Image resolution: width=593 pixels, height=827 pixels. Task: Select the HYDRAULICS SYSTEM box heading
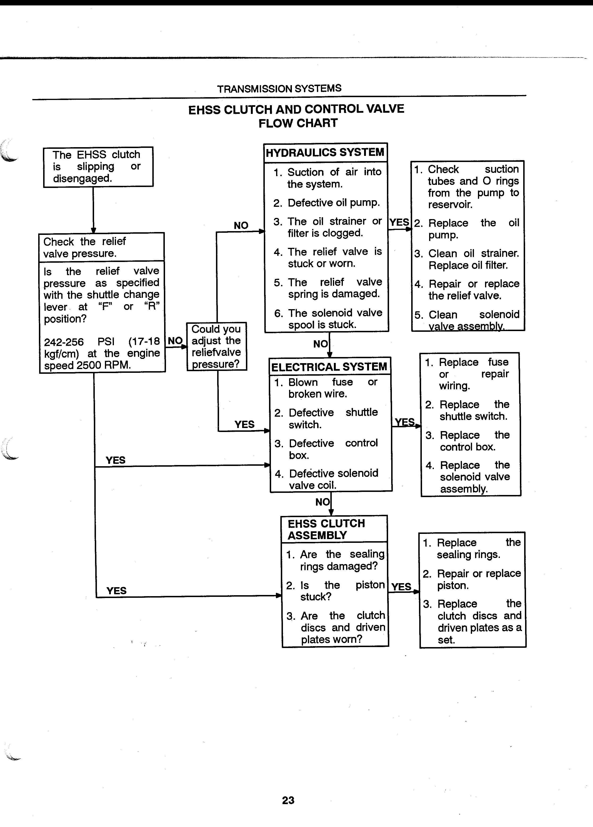[325, 152]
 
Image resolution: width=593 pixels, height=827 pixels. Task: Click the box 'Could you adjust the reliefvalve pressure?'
[216, 346]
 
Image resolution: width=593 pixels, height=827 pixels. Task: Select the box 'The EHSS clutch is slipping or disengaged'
[98, 167]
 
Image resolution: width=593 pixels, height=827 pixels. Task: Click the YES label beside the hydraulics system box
[399, 222]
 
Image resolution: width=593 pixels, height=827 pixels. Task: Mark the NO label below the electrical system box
[322, 502]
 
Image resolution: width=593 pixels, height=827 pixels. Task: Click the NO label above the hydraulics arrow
[241, 225]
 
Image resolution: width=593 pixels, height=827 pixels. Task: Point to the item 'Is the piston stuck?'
[335, 591]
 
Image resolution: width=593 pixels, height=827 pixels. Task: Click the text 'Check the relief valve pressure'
[85, 247]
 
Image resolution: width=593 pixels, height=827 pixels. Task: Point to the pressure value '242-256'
[64, 342]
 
